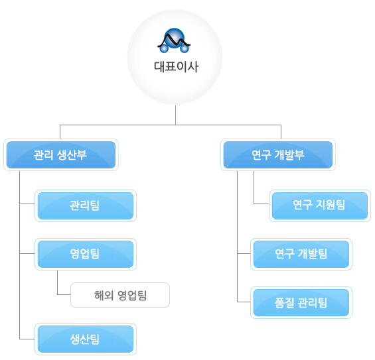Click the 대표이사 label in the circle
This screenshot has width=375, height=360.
coord(176,66)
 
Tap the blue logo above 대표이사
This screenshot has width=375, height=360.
coord(174,40)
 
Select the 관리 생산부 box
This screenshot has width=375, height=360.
coord(61,154)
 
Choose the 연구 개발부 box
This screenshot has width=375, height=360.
coord(278,154)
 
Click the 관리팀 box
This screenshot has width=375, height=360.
coord(86,206)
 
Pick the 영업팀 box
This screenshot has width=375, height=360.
coord(86,254)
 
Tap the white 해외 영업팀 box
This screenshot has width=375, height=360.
coord(120,295)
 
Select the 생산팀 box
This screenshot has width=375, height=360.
coord(86,339)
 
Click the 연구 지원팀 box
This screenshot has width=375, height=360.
coord(320,206)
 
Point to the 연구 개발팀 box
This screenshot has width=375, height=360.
coord(301,254)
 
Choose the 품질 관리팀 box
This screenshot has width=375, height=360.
coord(301,303)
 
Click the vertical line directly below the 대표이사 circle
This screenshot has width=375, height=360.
coord(175,115)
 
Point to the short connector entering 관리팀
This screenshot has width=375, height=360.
coord(27,204)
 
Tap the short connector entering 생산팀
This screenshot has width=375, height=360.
coord(27,339)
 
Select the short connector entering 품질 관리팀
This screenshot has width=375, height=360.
coord(244,302)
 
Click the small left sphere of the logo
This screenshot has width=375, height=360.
coord(164,48)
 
